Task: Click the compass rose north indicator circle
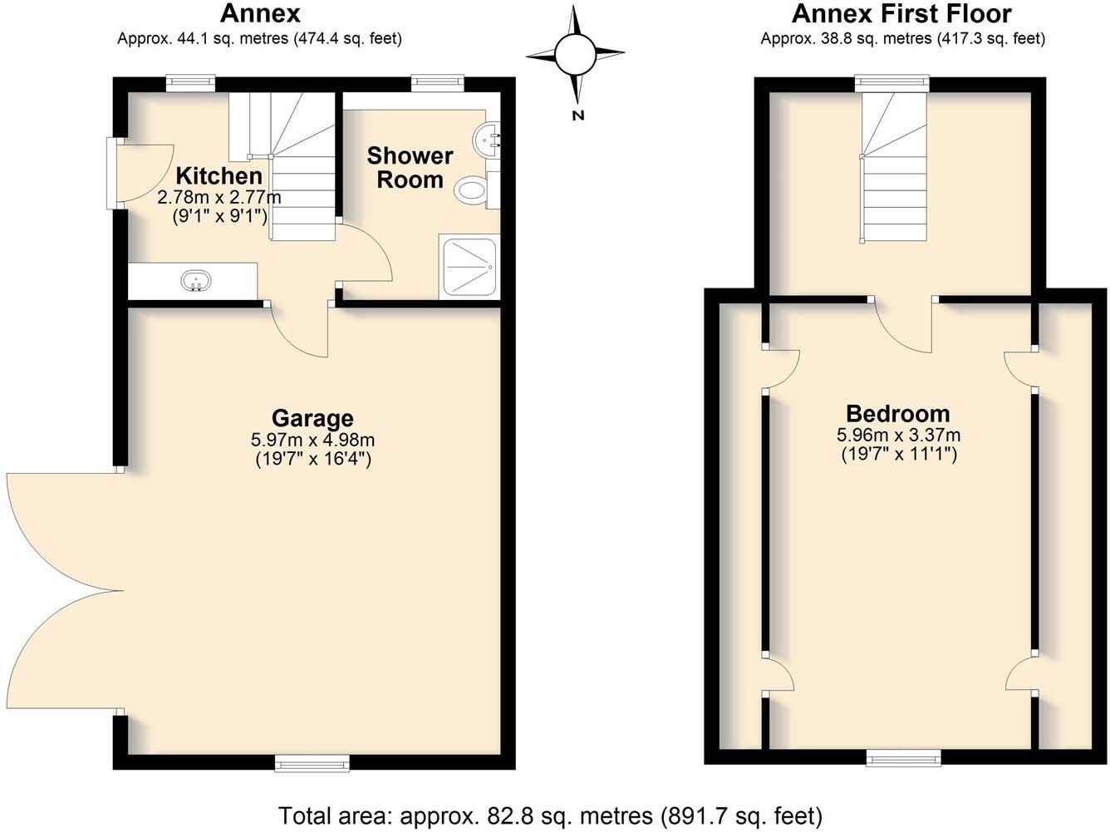(x=575, y=55)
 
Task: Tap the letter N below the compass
(x=577, y=116)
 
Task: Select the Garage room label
(x=312, y=418)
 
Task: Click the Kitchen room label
(x=219, y=176)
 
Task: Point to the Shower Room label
(x=410, y=167)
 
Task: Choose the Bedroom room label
(x=897, y=413)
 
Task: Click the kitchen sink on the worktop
(x=196, y=282)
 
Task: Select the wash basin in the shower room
(x=486, y=140)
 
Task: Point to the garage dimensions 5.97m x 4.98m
(x=313, y=440)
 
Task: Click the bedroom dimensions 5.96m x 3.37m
(x=897, y=435)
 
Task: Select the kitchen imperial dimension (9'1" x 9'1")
(x=219, y=216)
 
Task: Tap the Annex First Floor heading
(x=901, y=14)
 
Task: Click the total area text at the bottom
(x=550, y=815)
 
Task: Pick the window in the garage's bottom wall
(x=312, y=761)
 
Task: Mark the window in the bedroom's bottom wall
(x=903, y=757)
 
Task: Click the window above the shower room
(x=437, y=81)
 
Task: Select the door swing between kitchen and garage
(x=301, y=331)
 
